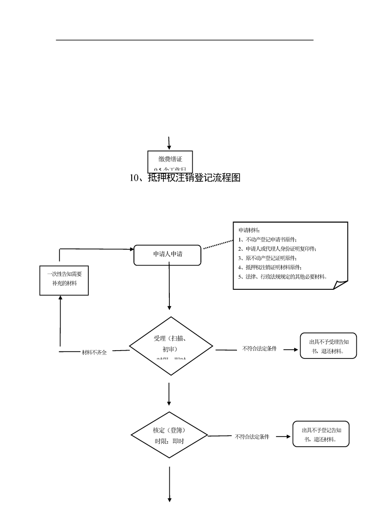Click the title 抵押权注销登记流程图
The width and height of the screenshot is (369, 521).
[185, 178]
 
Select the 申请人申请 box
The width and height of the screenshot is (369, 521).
[168, 255]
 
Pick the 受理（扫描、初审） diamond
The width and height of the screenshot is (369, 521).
[171, 344]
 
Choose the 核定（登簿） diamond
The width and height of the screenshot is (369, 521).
[169, 435]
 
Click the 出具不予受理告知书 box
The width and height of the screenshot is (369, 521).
[329, 346]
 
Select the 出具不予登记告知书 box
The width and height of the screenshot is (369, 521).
[321, 434]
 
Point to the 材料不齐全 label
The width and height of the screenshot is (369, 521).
[94, 352]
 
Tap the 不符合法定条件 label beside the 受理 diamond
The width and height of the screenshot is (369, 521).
[259, 348]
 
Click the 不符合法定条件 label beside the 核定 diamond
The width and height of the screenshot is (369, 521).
[252, 436]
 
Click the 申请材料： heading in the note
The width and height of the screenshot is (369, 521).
[249, 230]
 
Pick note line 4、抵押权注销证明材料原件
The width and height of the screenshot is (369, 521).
[270, 267]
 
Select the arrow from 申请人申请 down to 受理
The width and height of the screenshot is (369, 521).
[169, 288]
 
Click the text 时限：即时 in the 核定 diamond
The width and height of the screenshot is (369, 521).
[169, 441]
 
